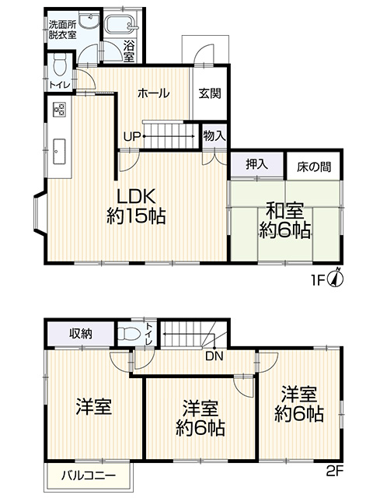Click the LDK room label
pyautogui.click(x=137, y=197)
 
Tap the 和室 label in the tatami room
pyautogui.click(x=284, y=210)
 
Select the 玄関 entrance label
pyautogui.click(x=210, y=93)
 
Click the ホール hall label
pyautogui.click(x=154, y=93)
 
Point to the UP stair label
pyautogui.click(x=132, y=137)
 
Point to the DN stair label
pyautogui.click(x=214, y=356)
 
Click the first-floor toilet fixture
pyautogui.click(x=60, y=65)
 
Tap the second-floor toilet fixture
pyautogui.click(x=129, y=334)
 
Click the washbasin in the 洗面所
pyautogui.click(x=90, y=20)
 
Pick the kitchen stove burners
pyautogui.click(x=59, y=110)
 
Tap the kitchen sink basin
pyautogui.click(x=59, y=152)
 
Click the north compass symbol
pyautogui.click(x=337, y=278)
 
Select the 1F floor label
pyautogui.click(x=319, y=280)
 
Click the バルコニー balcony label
pyautogui.click(x=89, y=475)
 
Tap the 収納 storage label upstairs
pyautogui.click(x=81, y=334)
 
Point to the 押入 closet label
pyautogui.click(x=257, y=164)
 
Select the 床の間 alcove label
pyautogui.click(x=314, y=167)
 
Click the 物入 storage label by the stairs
pyautogui.click(x=214, y=135)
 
